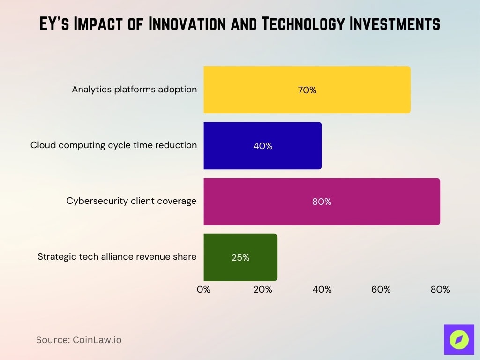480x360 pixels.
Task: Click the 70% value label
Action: (x=307, y=90)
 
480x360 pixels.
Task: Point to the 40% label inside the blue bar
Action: (x=262, y=146)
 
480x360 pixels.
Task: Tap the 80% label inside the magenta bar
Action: (x=322, y=202)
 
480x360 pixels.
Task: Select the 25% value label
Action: (x=240, y=257)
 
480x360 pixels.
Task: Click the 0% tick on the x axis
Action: (x=203, y=289)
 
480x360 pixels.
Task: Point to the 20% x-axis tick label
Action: (x=262, y=289)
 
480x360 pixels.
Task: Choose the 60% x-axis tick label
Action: (x=381, y=289)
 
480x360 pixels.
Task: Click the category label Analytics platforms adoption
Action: (x=134, y=89)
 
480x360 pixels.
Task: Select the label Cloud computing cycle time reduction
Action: (x=113, y=145)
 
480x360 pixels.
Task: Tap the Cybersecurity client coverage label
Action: (x=131, y=201)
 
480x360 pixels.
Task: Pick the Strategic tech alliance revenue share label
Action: (x=117, y=256)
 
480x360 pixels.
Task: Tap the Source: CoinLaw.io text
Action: (x=79, y=340)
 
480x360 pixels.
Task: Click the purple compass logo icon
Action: (x=459, y=339)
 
